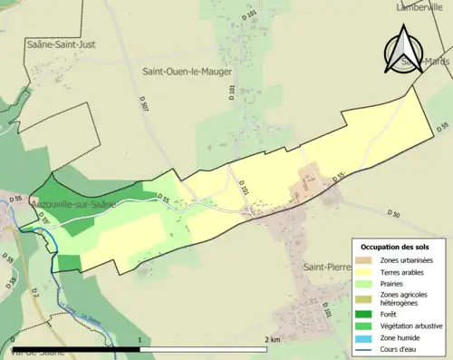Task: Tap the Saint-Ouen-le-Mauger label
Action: click(x=187, y=71)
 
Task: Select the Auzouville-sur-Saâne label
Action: click(x=72, y=205)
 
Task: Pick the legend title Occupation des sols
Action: click(x=396, y=247)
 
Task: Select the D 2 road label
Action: click(x=35, y=292)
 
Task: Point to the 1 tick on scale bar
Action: click(x=140, y=338)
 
